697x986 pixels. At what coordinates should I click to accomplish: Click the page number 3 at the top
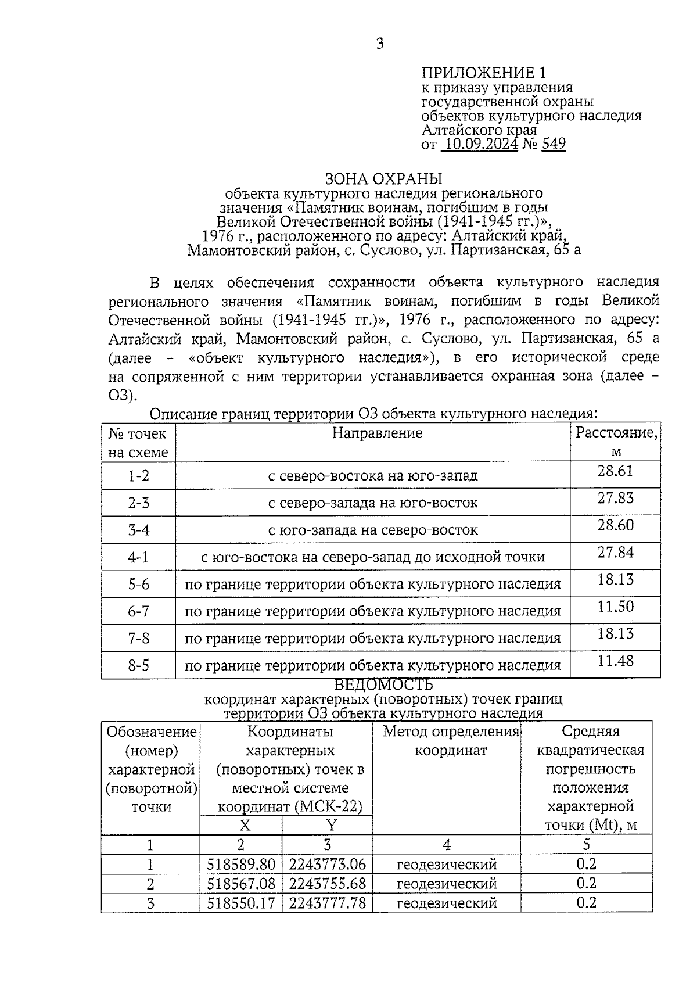(380, 44)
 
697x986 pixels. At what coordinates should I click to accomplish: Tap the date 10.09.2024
(479, 144)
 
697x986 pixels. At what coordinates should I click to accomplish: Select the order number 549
(553, 144)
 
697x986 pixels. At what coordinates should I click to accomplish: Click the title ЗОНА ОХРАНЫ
(383, 178)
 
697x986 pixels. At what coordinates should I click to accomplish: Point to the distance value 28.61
(615, 471)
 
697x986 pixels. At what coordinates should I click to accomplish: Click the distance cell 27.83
(615, 499)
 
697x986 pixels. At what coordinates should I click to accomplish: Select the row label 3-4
(138, 530)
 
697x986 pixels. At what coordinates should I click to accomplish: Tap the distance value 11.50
(615, 607)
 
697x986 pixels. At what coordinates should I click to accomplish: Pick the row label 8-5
(138, 666)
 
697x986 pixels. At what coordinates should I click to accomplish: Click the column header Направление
(377, 433)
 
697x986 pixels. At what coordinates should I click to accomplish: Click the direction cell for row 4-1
(372, 558)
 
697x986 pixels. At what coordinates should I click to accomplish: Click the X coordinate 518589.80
(241, 865)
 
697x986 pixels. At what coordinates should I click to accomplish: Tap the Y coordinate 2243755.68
(328, 884)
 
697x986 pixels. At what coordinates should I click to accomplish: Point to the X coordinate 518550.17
(241, 903)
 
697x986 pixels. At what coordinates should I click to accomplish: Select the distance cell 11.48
(615, 661)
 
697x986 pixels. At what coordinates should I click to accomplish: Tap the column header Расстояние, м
(616, 442)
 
